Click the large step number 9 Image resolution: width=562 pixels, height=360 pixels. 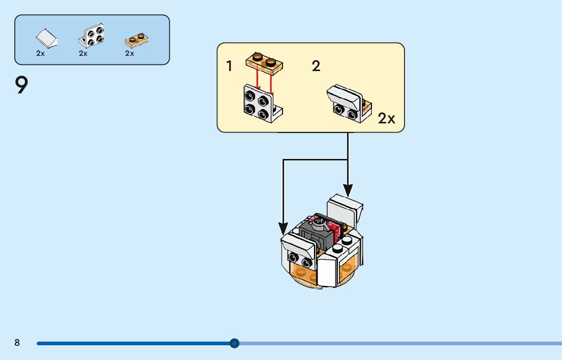[21, 85]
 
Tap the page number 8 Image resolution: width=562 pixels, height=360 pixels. [17, 343]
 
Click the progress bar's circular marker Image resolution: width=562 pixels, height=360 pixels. [234, 343]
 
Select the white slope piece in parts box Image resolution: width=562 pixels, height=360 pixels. [46, 38]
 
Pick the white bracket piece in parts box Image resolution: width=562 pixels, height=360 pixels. [91, 36]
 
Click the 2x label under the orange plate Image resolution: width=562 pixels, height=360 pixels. [130, 53]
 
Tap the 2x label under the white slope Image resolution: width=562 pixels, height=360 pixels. [41, 53]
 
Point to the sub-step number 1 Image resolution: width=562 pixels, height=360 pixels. [230, 66]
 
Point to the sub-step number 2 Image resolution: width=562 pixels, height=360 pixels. [316, 66]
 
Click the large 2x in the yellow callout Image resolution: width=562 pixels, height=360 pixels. [386, 119]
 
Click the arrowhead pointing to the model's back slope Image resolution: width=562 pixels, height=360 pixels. [348, 190]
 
